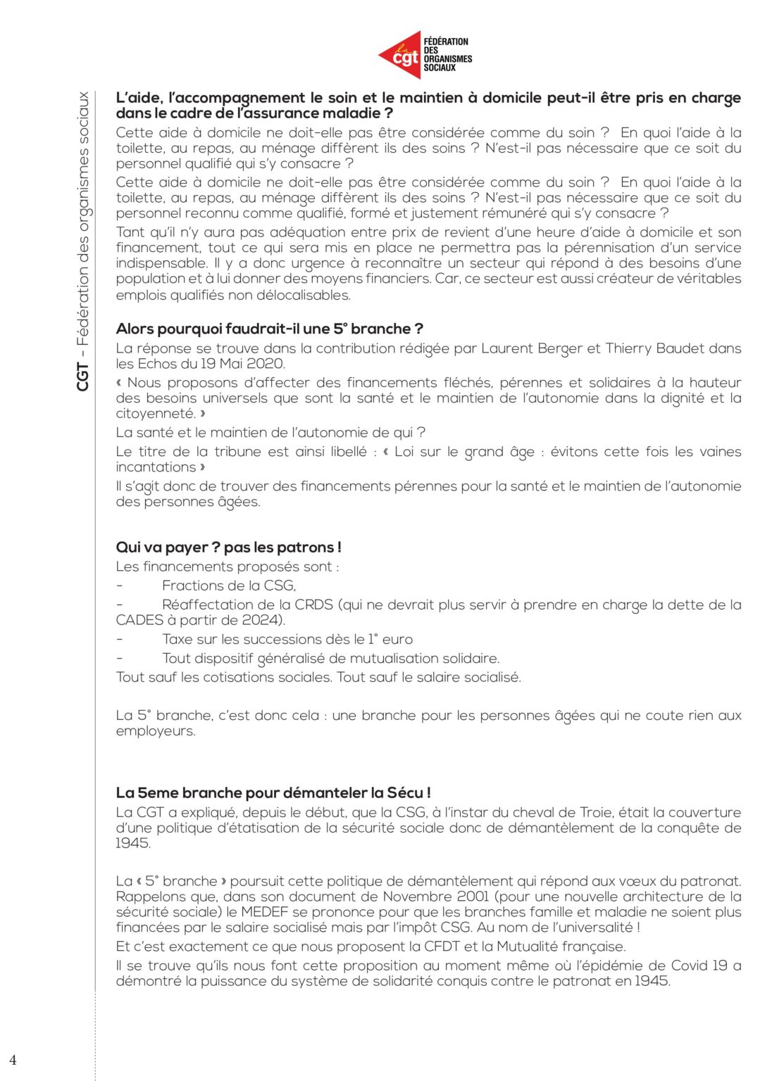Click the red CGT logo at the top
click(400, 55)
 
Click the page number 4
click(13, 1060)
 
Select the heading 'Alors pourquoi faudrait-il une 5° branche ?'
click(269, 329)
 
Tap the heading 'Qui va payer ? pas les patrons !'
click(228, 547)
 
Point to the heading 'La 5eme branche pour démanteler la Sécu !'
click(273, 792)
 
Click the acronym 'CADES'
click(139, 620)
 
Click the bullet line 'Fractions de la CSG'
click(228, 586)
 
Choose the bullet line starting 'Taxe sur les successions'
click(287, 639)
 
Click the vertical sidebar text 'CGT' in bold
click(83, 377)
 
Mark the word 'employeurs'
click(155, 731)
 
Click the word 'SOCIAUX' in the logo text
click(440, 68)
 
